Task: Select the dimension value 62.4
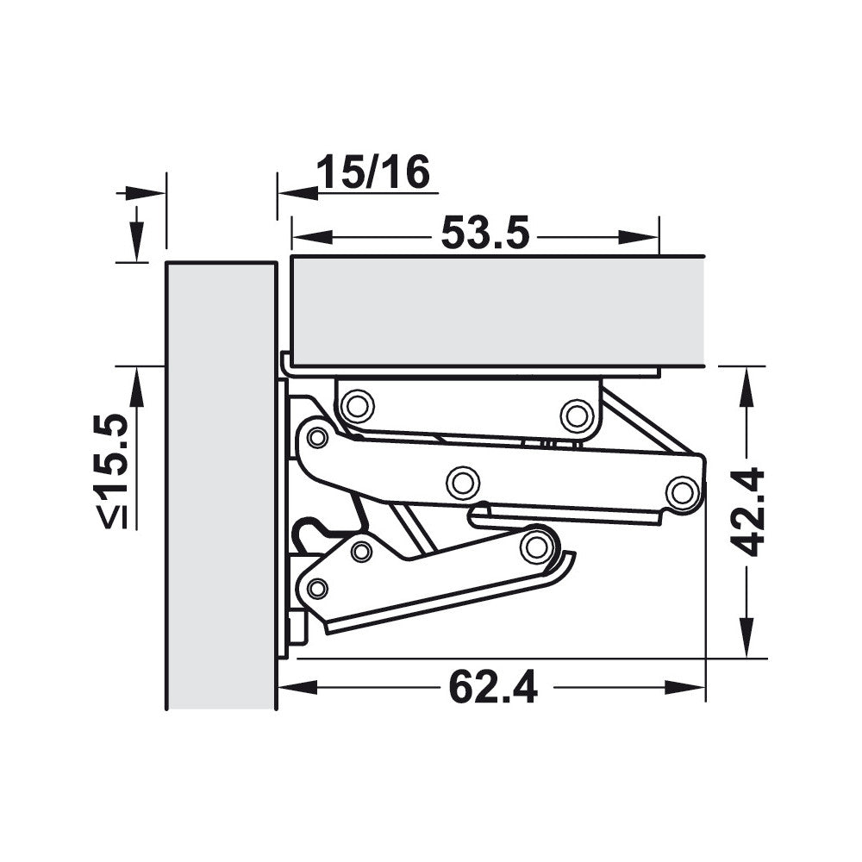tap(492, 688)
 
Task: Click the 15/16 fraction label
tap(372, 173)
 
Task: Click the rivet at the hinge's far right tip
tap(682, 492)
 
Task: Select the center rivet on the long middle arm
tap(463, 482)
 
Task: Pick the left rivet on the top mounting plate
tap(356, 405)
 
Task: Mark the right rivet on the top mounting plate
tap(576, 415)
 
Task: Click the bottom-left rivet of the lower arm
tap(317, 589)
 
